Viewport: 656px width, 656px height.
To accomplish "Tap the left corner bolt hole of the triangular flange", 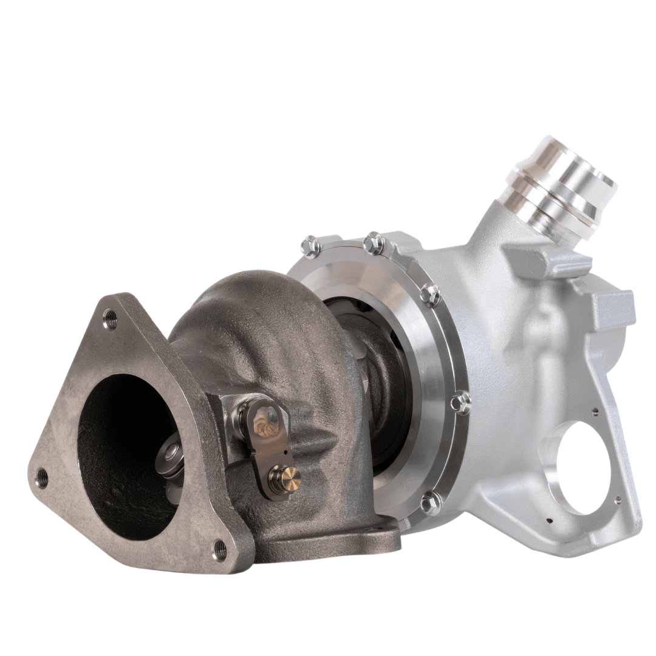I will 41,477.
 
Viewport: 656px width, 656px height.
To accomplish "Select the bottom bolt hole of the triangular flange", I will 220,550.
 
